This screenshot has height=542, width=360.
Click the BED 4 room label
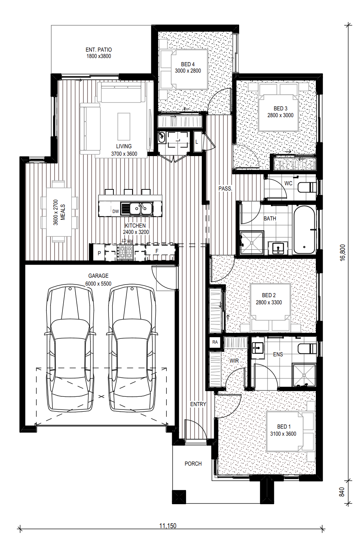188,64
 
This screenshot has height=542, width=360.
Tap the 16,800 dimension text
342,253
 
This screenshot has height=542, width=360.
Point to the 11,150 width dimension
168,526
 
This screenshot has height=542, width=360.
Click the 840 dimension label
342,492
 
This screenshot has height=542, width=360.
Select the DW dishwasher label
116,211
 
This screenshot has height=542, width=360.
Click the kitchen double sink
141,209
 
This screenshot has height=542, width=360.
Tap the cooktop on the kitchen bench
125,252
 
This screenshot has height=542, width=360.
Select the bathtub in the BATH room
304,229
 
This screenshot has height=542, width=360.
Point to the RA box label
215,342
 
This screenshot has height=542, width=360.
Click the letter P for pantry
99,253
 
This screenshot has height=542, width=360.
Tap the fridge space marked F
157,251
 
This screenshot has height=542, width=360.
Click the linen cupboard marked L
197,142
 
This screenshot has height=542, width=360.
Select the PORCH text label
193,464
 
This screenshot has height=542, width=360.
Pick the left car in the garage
70,348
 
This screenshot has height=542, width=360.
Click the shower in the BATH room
251,243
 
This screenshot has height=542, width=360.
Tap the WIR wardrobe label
234,361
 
